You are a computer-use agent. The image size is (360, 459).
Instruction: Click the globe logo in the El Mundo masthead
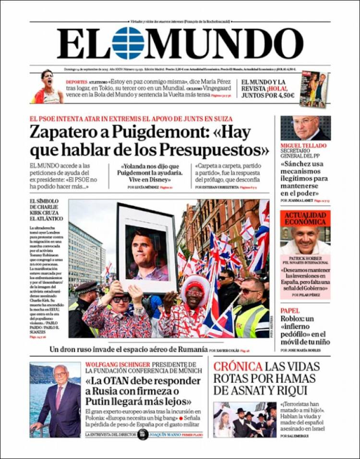[x=128, y=43]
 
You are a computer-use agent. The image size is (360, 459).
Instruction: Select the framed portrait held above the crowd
[x=147, y=247]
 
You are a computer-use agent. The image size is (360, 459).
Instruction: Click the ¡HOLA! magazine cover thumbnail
[x=314, y=89]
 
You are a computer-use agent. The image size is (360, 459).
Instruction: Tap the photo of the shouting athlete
[x=48, y=87]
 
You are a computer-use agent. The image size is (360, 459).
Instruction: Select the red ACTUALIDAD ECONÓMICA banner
[x=305, y=218]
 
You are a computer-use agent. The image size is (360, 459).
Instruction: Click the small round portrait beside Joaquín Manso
[x=142, y=434]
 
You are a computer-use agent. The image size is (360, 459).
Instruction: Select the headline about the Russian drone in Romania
[x=129, y=349]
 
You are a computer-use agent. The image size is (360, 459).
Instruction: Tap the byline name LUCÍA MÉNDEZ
[x=146, y=187]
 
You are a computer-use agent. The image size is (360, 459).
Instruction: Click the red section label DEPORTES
[x=76, y=82]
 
